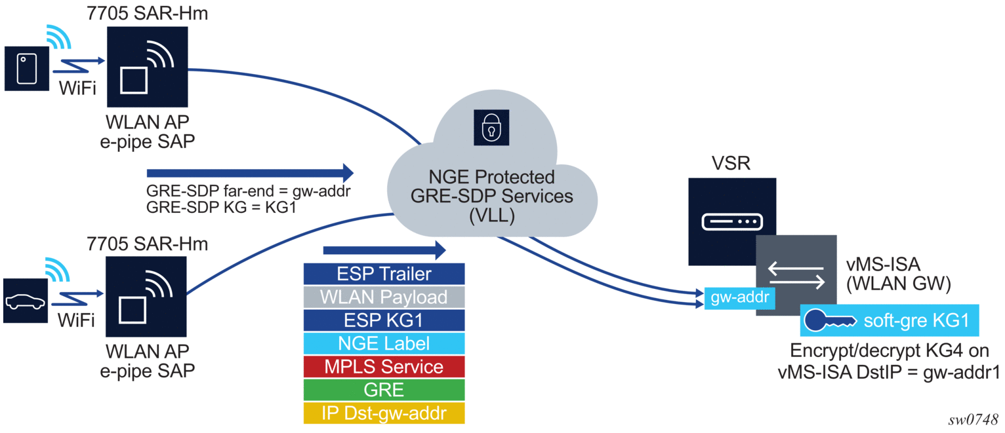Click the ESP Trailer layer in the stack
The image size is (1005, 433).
(384, 273)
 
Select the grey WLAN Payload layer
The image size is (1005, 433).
(384, 297)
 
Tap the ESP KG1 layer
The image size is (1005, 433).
(384, 320)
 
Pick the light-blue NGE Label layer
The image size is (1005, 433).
(384, 343)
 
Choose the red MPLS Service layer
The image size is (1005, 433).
(384, 367)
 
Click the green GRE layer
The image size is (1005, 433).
(384, 390)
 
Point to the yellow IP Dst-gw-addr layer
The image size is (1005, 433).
(384, 413)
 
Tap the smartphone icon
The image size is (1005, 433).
(27, 67)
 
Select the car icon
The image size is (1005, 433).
(26, 301)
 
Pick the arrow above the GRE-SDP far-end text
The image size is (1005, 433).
(250, 173)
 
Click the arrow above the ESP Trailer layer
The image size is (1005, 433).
(384, 250)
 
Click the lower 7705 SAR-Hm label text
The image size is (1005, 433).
(148, 245)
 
